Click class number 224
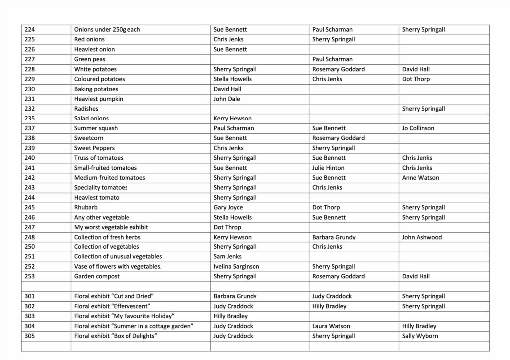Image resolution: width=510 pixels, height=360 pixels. (30, 30)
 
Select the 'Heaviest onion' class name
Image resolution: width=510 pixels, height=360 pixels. (94, 49)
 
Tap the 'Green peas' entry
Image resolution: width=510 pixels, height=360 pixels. (90, 59)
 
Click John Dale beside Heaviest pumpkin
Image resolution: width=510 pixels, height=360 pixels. (227, 99)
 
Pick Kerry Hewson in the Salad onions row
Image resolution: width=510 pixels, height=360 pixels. (232, 119)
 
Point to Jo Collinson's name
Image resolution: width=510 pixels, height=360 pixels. (418, 128)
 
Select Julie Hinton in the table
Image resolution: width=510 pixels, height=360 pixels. (328, 168)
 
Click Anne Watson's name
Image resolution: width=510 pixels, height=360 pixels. (420, 178)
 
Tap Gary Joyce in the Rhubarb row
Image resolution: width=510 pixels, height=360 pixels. (228, 207)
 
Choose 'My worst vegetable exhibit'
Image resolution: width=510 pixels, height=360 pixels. (111, 227)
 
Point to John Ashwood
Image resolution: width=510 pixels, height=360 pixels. (422, 237)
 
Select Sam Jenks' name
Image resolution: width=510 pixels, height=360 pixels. (227, 257)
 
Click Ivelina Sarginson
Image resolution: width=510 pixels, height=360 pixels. (236, 267)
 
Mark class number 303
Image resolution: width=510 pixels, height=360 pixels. (30, 316)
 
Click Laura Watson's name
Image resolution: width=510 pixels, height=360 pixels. (331, 326)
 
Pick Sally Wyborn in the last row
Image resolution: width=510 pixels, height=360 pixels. (420, 336)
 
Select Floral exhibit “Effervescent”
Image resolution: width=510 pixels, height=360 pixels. (112, 306)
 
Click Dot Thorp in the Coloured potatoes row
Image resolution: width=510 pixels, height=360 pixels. (416, 79)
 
